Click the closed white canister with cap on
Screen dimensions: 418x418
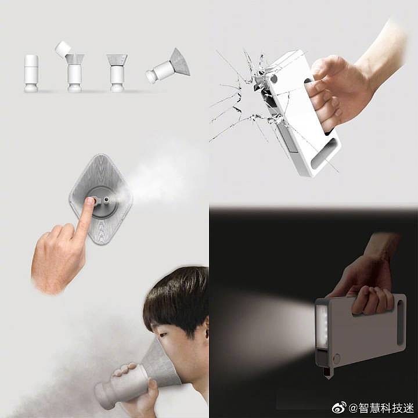31,73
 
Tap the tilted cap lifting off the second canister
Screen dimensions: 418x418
63,48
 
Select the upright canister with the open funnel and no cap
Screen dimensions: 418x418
117,73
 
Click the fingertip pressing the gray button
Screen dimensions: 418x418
90,200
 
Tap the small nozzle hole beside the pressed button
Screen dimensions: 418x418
107,199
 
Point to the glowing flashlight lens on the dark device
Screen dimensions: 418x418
322,327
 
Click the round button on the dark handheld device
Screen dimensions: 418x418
337,358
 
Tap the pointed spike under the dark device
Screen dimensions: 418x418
326,371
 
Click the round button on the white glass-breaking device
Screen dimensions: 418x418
273,78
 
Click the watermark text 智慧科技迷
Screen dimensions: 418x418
385,408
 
